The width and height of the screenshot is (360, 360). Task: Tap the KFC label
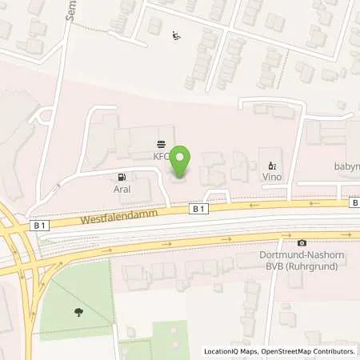tap(163, 156)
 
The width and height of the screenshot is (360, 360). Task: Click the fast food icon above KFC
tap(163, 145)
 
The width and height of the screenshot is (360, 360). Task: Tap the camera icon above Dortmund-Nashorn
tap(302, 242)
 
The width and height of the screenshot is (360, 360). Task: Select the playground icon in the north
tap(176, 34)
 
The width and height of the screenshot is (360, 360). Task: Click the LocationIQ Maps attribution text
tap(230, 351)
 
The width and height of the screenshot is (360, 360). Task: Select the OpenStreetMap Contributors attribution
tap(307, 351)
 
